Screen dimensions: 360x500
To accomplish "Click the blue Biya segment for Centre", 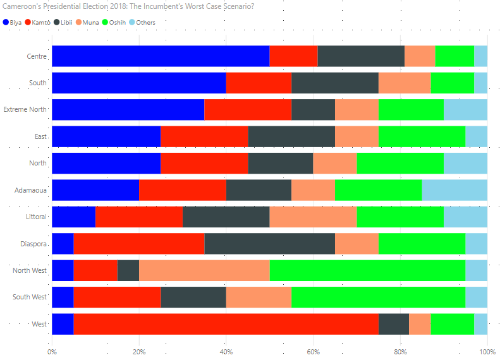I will coord(161,56).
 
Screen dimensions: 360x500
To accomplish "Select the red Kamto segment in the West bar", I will coord(226,324).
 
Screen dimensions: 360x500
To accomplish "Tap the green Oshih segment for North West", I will coord(367,270).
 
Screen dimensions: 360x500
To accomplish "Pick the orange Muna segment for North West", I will coord(204,270).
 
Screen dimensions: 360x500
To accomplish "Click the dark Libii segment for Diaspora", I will coord(269,244).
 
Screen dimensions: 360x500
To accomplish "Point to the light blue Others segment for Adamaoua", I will coord(454,190).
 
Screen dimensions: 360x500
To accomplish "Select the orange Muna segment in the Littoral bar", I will coord(313,217).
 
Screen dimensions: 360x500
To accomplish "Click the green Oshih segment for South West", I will coord(378,297).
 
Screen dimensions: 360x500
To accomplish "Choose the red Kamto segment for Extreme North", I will coord(248,110).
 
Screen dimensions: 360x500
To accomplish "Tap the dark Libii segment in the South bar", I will coord(334,83).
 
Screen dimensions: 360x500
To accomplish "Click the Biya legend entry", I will coord(14,22).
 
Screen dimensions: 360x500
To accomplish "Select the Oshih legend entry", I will coord(114,22).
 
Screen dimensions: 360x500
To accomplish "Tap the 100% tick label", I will coord(486,351).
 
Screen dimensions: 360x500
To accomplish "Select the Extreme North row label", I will coord(25,109).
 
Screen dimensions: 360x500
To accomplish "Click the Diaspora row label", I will coord(33,244).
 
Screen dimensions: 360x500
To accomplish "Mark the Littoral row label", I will coord(34,217).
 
